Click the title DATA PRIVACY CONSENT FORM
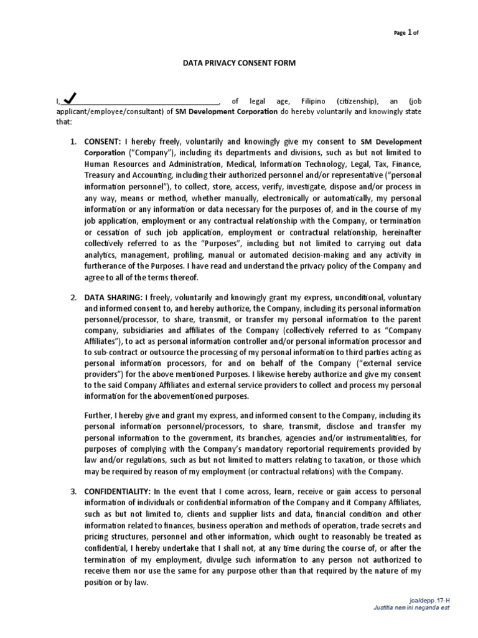tap(238, 63)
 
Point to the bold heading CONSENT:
tap(103, 142)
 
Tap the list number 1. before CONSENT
tap(73, 142)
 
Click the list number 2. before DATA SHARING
tap(73, 298)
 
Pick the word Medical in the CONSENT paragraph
tap(229, 164)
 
